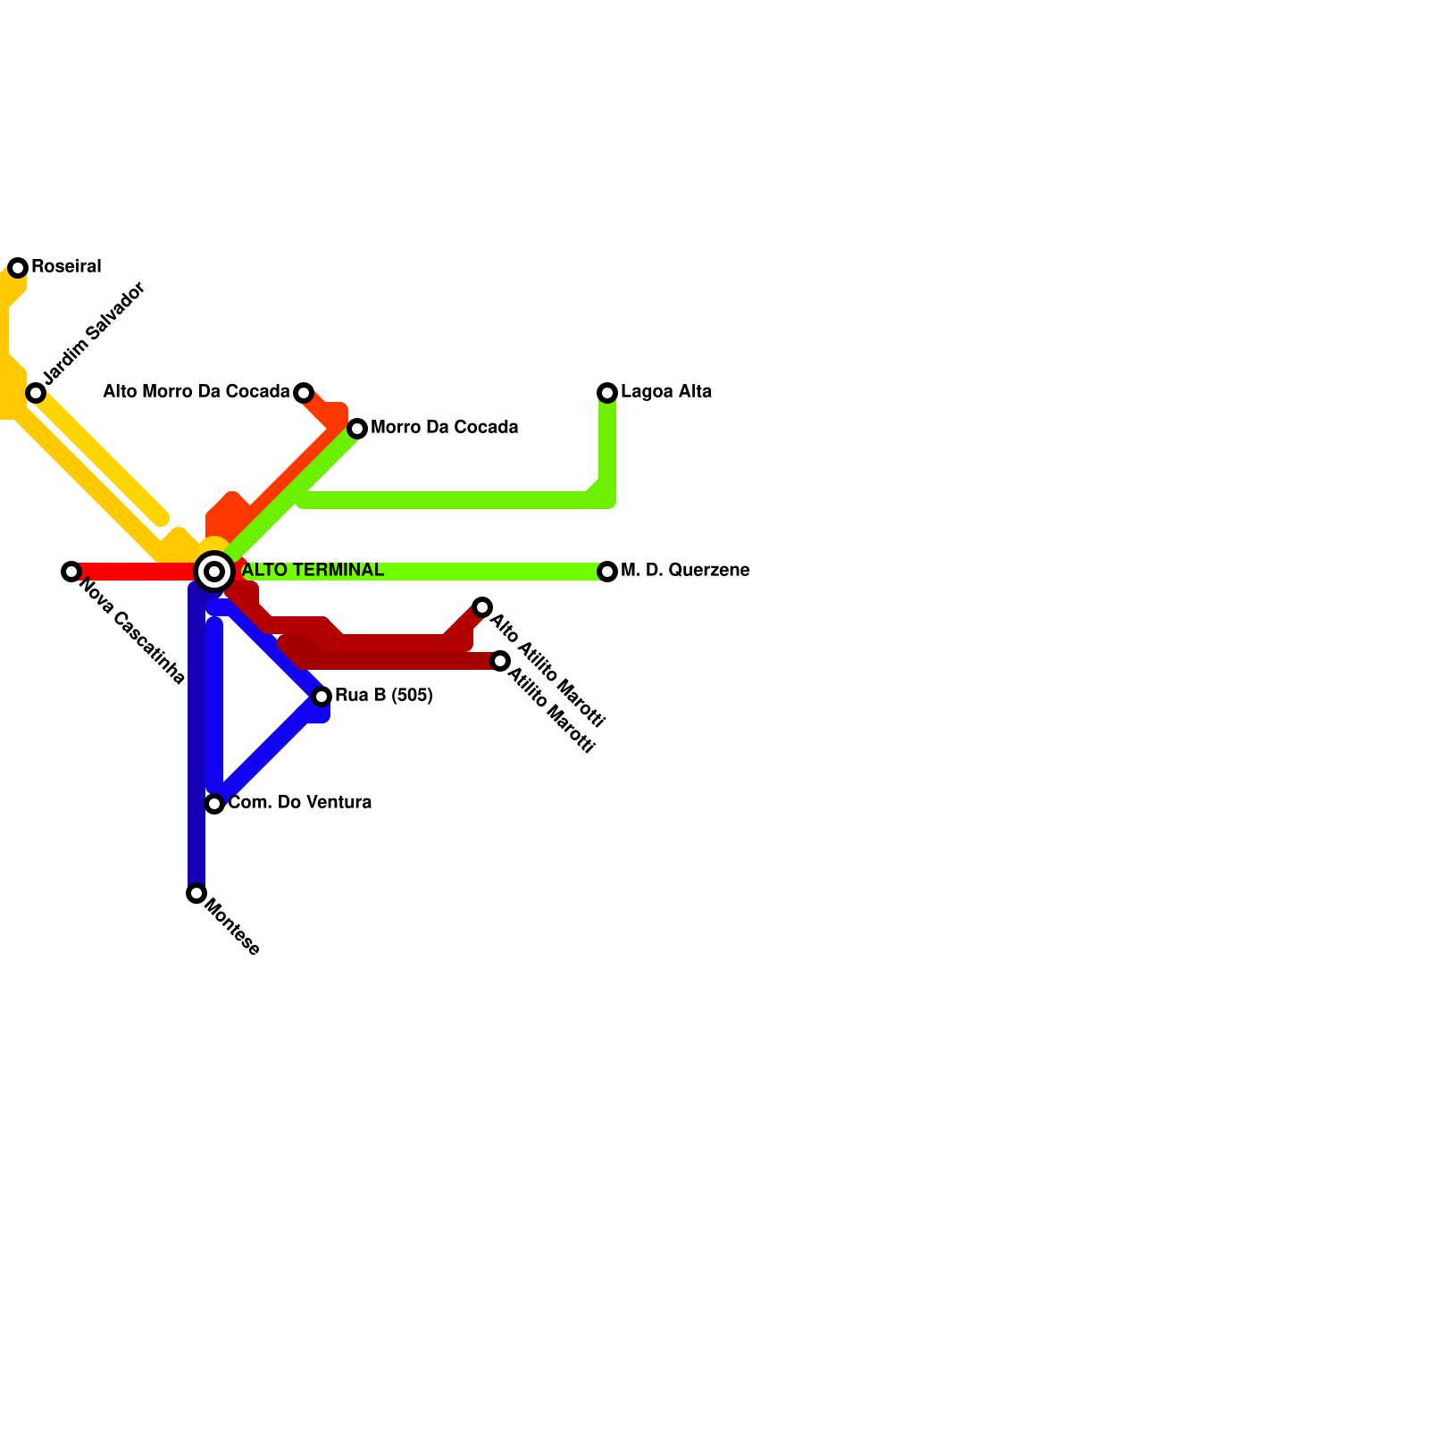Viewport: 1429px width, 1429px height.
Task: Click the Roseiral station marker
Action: click(x=18, y=268)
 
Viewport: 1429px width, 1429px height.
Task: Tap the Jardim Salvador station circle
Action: click(x=36, y=393)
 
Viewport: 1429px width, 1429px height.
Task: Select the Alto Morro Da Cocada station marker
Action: click(x=304, y=393)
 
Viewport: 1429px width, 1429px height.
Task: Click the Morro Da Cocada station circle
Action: click(x=357, y=429)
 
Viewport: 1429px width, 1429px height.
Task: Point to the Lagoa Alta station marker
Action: click(x=607, y=393)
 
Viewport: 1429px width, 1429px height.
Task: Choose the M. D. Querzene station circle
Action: click(x=607, y=572)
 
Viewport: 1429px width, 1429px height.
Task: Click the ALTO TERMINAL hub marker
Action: click(x=214, y=572)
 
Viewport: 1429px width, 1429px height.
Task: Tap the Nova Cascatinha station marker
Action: click(x=71, y=572)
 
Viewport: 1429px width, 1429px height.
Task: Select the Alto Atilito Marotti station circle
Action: click(x=482, y=607)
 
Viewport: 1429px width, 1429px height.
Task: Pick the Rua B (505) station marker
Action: click(x=322, y=697)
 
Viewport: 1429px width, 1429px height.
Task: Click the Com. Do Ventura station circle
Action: click(x=214, y=804)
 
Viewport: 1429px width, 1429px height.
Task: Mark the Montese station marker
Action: click(x=196, y=893)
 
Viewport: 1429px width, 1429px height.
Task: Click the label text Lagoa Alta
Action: click(x=666, y=392)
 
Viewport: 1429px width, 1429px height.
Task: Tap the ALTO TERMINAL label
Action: click(x=313, y=571)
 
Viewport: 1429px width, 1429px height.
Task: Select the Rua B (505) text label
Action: click(x=384, y=696)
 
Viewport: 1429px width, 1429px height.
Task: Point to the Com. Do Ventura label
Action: click(x=300, y=803)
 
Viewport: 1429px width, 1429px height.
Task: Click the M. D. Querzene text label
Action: click(x=685, y=571)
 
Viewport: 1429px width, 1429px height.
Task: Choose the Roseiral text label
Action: click(x=66, y=267)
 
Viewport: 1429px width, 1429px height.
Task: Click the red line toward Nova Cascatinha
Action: click(x=134, y=572)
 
